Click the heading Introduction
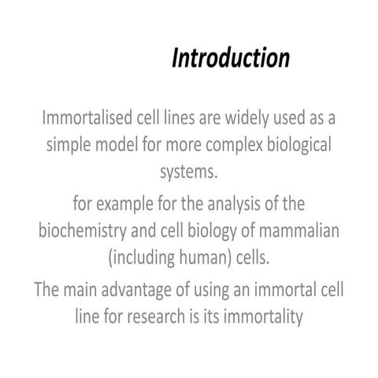(231, 59)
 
